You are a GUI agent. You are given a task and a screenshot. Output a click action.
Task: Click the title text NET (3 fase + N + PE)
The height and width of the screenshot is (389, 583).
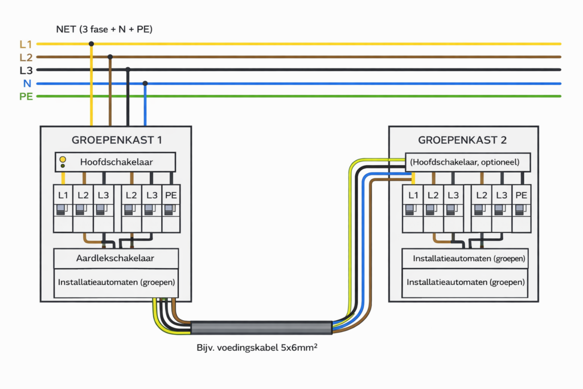104,28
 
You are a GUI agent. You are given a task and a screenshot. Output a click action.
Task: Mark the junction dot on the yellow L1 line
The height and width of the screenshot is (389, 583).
91,43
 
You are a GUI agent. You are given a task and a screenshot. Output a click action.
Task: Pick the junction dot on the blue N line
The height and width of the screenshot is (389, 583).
145,83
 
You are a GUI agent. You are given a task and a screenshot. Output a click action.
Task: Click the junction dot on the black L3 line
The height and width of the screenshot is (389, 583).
128,70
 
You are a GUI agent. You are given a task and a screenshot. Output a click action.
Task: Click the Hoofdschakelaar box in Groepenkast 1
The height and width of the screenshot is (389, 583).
115,162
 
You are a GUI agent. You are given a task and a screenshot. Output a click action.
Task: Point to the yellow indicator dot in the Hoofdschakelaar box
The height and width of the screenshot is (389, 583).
63,159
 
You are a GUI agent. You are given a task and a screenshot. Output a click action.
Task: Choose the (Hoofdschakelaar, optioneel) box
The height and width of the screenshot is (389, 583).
467,162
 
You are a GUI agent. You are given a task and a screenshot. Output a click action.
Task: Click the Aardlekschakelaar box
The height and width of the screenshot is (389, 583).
116,259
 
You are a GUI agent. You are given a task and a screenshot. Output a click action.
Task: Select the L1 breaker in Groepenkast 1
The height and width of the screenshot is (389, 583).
63,208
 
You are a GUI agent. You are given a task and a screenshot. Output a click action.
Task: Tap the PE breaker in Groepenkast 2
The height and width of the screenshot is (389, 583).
520,208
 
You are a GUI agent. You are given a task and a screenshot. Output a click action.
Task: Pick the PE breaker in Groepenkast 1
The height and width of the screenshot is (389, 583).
171,208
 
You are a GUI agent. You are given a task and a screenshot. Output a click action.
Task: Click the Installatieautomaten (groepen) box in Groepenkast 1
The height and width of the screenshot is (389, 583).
116,282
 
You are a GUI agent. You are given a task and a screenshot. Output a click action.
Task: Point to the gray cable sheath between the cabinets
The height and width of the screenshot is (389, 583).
261,328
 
